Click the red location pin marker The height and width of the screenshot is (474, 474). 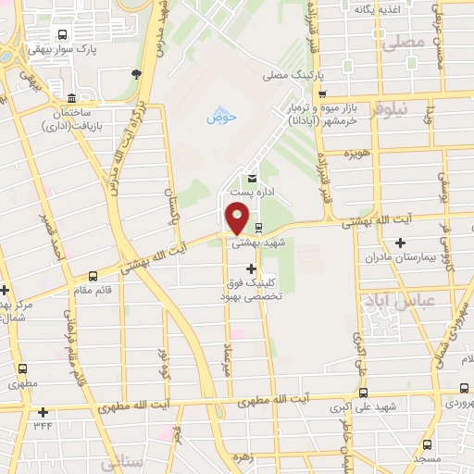[238, 217]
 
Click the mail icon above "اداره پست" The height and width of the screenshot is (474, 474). [250, 179]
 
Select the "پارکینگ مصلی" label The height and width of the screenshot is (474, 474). [287, 74]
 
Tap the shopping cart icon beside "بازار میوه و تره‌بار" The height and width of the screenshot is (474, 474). [322, 94]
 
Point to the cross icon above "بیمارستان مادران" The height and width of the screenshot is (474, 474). [400, 243]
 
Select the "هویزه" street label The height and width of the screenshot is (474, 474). [356, 151]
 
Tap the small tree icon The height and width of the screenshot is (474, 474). [137, 74]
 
